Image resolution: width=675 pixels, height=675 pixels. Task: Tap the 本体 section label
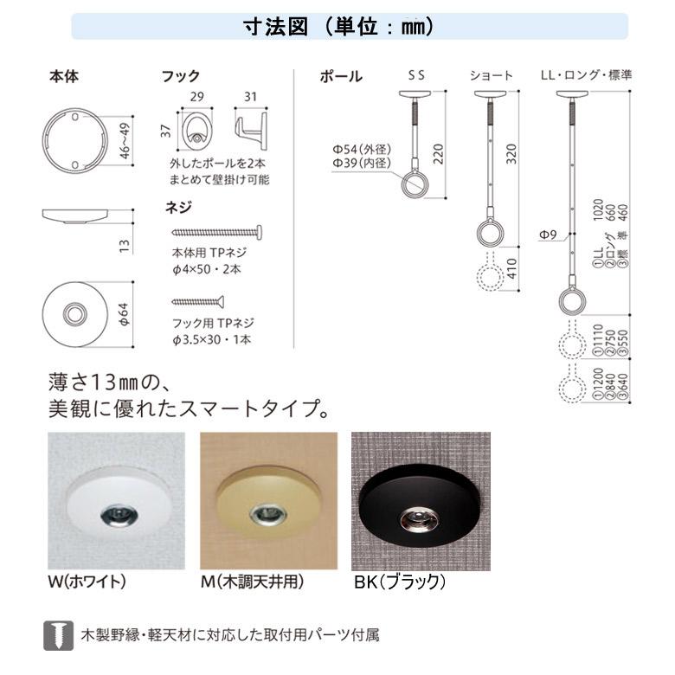pos(63,76)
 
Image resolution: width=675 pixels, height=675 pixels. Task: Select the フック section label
pos(181,76)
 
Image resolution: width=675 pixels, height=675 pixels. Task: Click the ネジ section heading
pos(177,208)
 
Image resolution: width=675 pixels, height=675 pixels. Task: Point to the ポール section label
pos(340,76)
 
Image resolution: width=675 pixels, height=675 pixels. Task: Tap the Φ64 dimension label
pos(125,313)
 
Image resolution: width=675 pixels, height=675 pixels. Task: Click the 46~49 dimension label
pos(125,138)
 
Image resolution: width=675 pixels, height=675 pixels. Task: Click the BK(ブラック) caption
pos(399,582)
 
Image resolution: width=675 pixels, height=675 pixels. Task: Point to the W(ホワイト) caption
pos(87,582)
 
